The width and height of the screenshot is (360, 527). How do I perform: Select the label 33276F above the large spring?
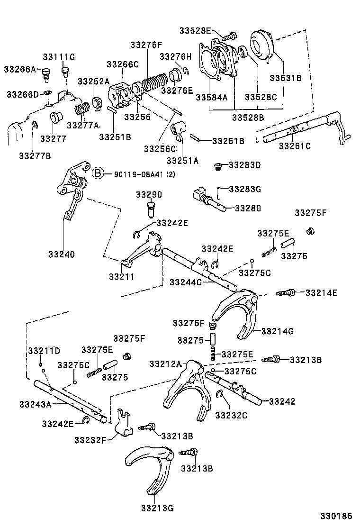[x=146, y=45]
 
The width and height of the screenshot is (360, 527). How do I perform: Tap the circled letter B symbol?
[x=97, y=173]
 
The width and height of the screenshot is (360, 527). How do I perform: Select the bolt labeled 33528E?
[x=228, y=35]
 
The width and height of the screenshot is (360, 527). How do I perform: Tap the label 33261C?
[x=295, y=146]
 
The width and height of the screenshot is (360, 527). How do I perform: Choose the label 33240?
[x=61, y=254]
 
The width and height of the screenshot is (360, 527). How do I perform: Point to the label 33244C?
[x=186, y=282]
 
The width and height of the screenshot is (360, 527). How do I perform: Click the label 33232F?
[x=90, y=440]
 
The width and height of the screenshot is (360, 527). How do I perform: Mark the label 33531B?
[x=286, y=78]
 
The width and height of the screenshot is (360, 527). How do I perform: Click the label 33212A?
[x=165, y=363]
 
